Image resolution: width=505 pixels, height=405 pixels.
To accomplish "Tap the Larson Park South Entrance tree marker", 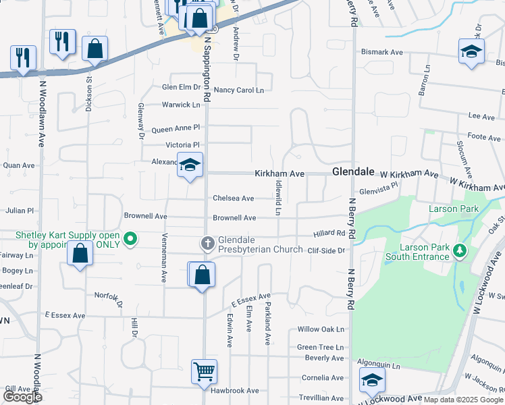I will [460, 251].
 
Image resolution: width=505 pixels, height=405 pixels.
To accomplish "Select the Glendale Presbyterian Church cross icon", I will [207, 242].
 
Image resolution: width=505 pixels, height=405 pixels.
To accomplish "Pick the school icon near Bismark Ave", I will [471, 51].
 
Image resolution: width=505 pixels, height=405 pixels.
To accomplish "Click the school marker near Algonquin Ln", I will [371, 381].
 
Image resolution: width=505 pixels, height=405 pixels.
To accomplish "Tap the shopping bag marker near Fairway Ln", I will [80, 254].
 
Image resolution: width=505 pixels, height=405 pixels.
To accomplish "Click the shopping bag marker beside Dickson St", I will [95, 49].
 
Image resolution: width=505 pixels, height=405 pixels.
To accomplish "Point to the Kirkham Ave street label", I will [279, 173].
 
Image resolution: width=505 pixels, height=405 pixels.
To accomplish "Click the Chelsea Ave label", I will [233, 198].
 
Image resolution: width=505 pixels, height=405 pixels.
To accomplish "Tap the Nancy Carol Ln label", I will [238, 90].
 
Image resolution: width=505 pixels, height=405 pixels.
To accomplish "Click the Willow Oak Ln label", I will [321, 330].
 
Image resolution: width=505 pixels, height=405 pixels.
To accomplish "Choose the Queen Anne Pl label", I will [176, 128].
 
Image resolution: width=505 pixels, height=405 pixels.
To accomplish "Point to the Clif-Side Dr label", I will [326, 250].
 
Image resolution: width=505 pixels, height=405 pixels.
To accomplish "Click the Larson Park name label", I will [454, 209].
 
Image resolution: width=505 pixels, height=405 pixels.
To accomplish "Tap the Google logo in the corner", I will [22, 397].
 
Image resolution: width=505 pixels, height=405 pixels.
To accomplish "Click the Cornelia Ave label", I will [324, 378].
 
